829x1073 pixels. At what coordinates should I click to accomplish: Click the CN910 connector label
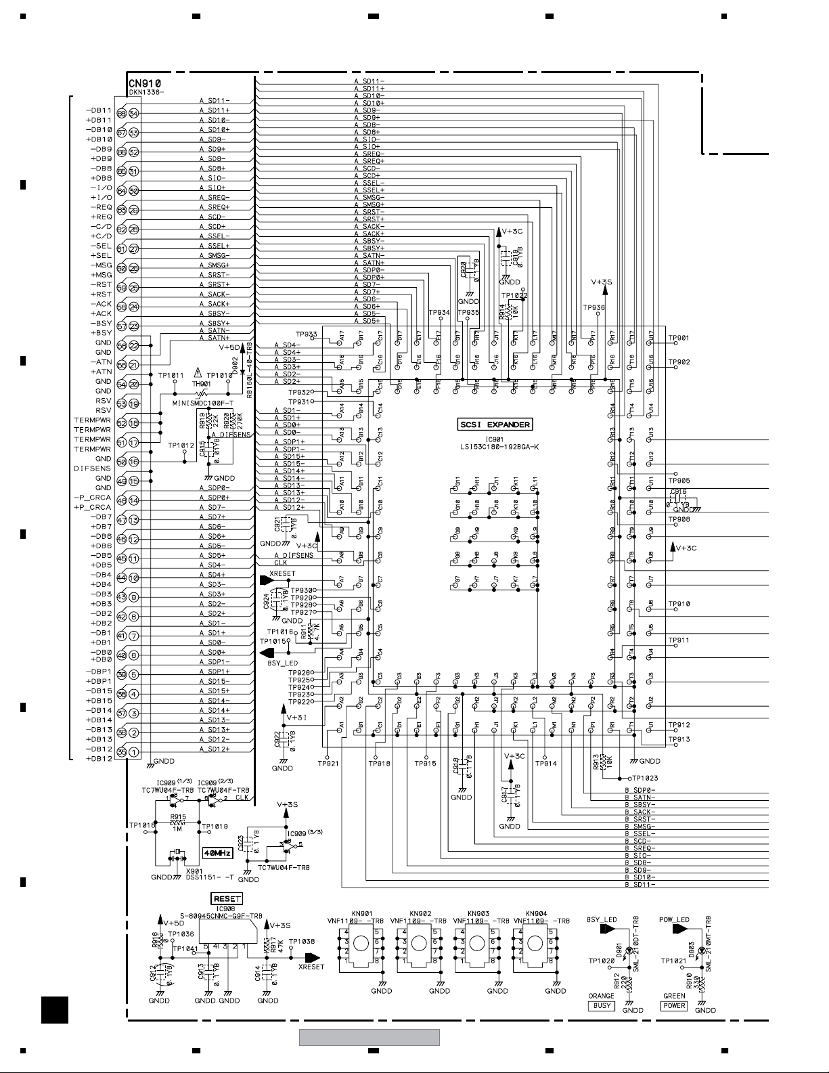click(145, 83)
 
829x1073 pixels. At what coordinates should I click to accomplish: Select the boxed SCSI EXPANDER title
click(495, 425)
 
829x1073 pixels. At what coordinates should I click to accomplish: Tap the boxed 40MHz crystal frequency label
click(218, 853)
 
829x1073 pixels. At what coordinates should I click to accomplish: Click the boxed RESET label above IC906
click(227, 899)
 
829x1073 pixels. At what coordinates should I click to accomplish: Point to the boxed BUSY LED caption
click(602, 1006)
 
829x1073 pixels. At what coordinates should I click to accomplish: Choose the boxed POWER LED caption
click(674, 1006)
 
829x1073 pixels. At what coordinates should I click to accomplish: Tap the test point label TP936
click(594, 307)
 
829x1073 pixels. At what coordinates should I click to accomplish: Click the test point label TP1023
click(646, 779)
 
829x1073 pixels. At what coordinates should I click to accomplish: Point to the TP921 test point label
click(329, 764)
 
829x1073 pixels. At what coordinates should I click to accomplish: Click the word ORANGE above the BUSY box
click(601, 997)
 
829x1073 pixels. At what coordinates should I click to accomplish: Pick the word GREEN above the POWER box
click(674, 997)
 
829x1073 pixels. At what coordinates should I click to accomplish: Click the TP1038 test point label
click(301, 942)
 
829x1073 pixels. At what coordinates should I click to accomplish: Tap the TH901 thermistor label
click(201, 384)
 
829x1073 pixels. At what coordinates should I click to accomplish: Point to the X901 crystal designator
click(194, 871)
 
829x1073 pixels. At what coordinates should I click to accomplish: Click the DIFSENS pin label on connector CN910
click(93, 468)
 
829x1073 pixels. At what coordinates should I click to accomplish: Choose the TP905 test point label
click(679, 481)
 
